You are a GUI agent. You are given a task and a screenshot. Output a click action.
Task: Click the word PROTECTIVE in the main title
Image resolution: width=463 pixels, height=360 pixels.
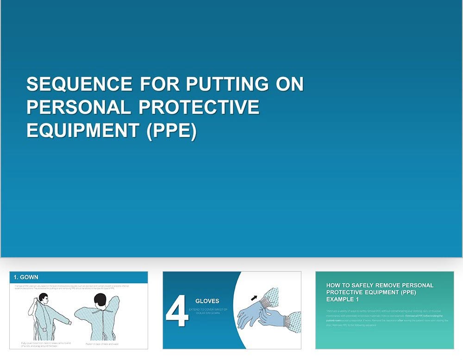click(x=199, y=107)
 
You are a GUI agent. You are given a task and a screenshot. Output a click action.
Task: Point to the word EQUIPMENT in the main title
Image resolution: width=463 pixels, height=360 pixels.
click(x=83, y=130)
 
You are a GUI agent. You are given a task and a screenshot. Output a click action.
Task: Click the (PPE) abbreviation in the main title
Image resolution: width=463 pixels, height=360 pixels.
click(x=171, y=130)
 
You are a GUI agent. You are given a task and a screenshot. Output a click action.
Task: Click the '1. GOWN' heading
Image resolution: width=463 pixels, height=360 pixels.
click(x=26, y=277)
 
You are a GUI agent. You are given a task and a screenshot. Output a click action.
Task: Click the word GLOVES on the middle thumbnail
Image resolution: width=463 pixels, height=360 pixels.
click(x=207, y=301)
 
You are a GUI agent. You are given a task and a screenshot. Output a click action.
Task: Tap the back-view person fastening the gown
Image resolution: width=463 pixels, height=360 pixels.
click(x=100, y=319)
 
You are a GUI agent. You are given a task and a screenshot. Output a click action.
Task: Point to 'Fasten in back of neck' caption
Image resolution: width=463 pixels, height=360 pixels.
click(x=102, y=344)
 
